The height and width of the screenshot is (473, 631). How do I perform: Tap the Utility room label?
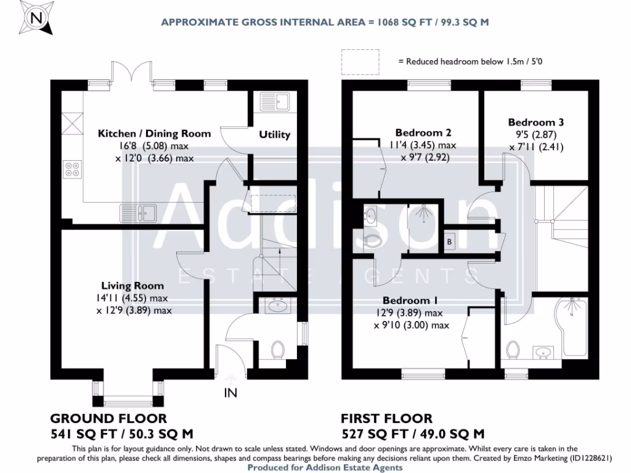[274, 134]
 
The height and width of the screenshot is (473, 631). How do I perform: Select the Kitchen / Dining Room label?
[155, 133]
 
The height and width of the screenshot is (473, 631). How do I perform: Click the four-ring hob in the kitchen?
[71, 168]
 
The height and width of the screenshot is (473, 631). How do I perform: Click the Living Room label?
[132, 285]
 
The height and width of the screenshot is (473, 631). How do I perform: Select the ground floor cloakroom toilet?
[278, 350]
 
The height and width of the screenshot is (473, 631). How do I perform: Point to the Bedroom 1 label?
[410, 301]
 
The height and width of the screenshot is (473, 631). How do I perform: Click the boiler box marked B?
[449, 242]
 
